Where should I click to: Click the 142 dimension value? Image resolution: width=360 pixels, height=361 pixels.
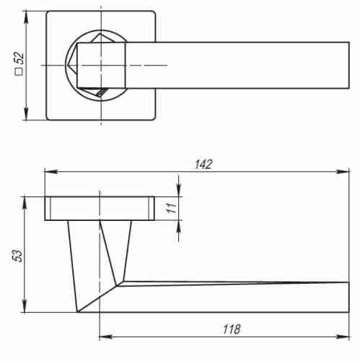point(203,164)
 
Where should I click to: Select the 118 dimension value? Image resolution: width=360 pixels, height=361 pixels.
point(230,329)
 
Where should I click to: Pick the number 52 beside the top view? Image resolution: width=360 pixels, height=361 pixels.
point(20,57)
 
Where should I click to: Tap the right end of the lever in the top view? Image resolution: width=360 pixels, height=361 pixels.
point(349,65)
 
